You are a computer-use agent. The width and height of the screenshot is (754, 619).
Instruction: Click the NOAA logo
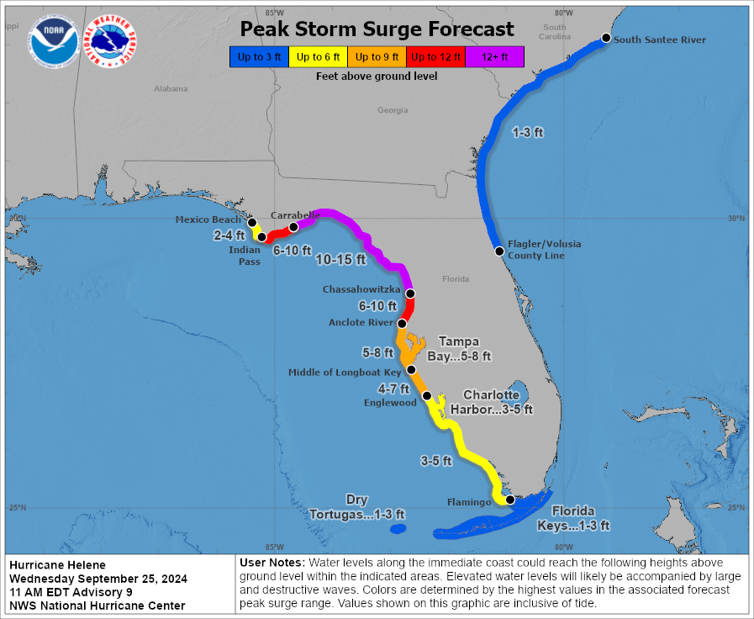(x=54, y=41)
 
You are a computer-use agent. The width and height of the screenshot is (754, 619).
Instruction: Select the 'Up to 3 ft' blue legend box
(x=259, y=57)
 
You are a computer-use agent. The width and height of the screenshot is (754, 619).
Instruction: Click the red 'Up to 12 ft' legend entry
(x=435, y=57)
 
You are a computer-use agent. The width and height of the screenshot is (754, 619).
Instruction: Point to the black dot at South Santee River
(x=606, y=38)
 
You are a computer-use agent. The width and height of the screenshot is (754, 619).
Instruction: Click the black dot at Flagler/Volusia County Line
(x=499, y=251)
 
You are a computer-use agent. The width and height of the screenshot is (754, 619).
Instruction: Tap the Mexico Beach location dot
(x=252, y=223)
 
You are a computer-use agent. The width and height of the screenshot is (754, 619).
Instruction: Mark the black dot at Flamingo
(x=509, y=500)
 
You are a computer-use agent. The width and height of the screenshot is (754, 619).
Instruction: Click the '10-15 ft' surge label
(x=340, y=260)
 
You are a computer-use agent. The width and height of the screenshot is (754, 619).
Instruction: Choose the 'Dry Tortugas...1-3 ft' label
(x=357, y=507)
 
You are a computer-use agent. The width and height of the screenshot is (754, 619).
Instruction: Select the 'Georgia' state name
(x=393, y=110)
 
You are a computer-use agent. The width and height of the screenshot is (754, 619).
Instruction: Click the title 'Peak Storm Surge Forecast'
(x=377, y=29)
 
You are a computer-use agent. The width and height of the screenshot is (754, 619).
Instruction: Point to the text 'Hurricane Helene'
(x=57, y=565)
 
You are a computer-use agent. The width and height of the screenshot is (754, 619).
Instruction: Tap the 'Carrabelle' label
(x=294, y=215)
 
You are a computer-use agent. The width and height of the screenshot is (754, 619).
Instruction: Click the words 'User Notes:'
(x=272, y=562)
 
